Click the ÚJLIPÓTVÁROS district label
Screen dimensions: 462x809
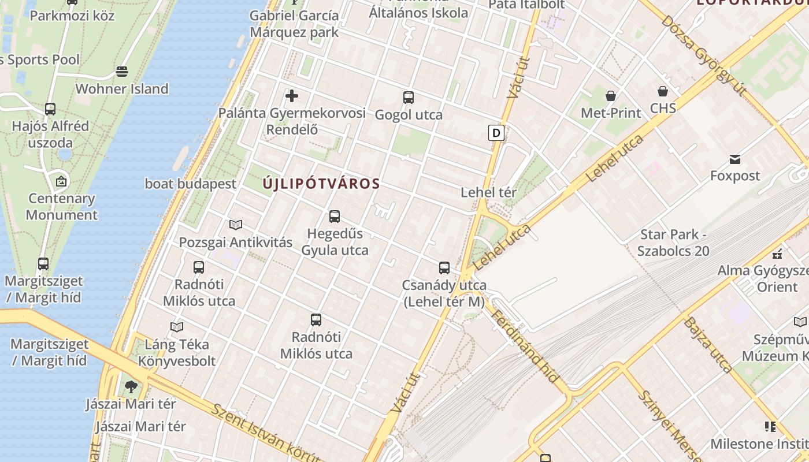321,184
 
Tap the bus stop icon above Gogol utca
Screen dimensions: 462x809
409,97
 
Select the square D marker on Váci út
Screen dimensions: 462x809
496,133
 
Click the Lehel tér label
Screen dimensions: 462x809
488,192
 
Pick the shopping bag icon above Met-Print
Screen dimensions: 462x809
611,95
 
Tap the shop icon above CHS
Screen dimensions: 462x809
663,91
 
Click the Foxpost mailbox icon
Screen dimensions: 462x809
735,159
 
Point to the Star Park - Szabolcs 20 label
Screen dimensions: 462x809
673,243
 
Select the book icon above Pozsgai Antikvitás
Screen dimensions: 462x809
236,225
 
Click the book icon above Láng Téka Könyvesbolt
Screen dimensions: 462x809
177,327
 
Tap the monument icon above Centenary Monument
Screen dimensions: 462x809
61,181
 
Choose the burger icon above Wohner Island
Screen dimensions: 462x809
122,72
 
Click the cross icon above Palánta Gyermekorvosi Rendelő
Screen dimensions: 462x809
292,95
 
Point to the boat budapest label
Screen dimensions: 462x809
191,184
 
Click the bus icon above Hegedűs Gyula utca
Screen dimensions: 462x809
335,217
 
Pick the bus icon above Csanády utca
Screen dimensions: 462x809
444,268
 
